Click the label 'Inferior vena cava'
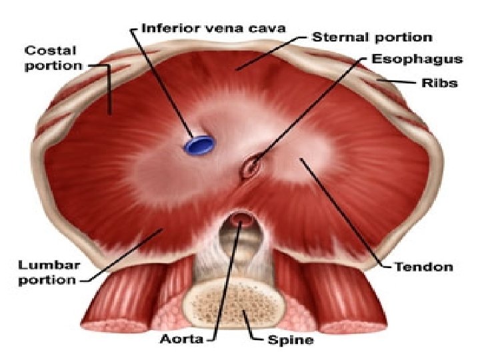[214, 29]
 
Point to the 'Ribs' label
[439, 83]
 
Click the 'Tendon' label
[423, 267]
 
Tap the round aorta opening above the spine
[241, 220]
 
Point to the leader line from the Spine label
[254, 329]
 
